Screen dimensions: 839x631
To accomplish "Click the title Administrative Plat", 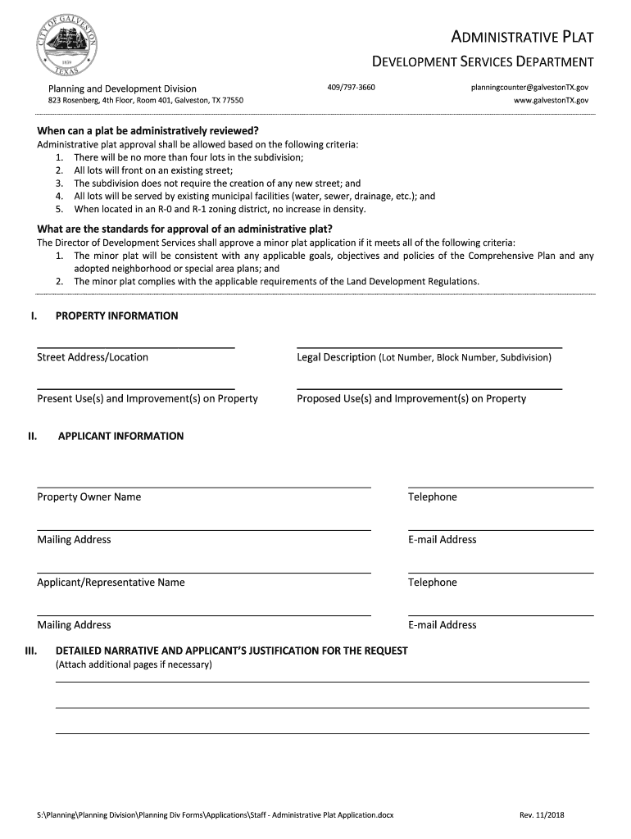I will coord(523,37).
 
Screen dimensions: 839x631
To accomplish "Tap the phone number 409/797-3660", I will coord(351,87).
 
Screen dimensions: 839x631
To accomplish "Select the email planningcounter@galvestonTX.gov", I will coord(529,87).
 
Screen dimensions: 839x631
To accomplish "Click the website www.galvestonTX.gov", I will coord(551,100).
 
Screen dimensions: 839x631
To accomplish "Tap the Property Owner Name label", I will coord(89,497).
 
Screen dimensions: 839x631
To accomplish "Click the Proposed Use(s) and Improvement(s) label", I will coord(411,399).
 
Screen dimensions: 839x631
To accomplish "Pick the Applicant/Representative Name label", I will coord(111,583).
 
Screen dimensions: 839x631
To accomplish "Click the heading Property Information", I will coord(116,316).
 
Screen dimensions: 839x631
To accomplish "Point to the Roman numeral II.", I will coord(33,437).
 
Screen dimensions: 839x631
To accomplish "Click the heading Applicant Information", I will coord(120,437).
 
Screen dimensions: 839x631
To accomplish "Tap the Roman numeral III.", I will coord(31,651).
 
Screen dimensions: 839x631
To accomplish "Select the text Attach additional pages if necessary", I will coord(134,664).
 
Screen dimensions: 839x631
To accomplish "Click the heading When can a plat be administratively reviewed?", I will coord(148,131).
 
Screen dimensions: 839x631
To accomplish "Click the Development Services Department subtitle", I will coord(483,62).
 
